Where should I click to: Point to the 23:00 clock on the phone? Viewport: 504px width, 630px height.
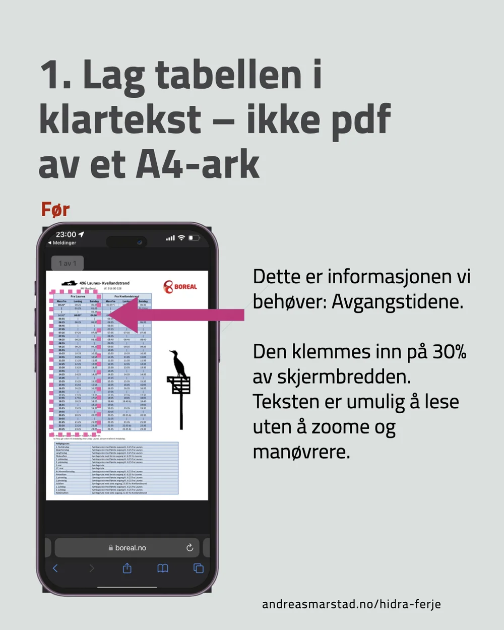pos(66,234)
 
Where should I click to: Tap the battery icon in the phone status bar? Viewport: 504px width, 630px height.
pos(194,237)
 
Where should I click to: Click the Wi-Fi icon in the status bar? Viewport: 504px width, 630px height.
pos(181,237)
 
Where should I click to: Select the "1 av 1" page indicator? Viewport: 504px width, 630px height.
pos(68,263)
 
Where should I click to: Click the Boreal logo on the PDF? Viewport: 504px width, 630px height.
pos(180,286)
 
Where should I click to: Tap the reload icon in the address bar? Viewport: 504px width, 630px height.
pos(190,548)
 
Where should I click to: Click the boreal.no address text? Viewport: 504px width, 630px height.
pos(130,548)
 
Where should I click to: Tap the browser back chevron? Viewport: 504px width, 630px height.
pos(55,569)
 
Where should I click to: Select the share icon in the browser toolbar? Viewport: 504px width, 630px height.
pos(127,569)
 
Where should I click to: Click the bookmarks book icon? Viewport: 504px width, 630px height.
pos(163,569)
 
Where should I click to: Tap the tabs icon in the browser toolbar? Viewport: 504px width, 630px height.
pos(199,569)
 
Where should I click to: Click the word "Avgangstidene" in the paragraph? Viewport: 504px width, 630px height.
pos(398,302)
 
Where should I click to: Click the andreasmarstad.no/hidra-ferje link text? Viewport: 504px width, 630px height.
pos(351,604)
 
